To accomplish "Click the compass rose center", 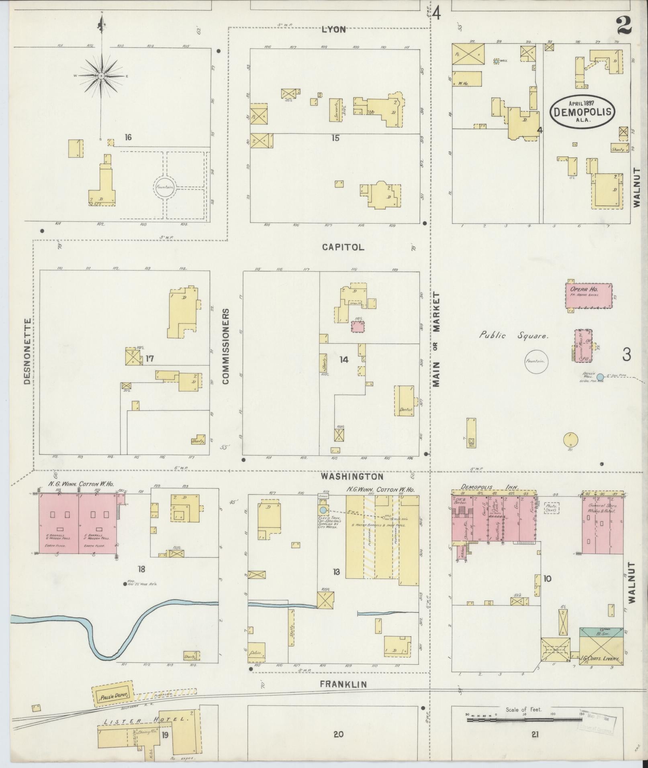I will pyautogui.click(x=101, y=75).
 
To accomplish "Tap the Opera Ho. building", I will pyautogui.click(x=589, y=295).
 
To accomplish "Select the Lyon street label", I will pyautogui.click(x=333, y=30).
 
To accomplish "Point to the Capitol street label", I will pyautogui.click(x=343, y=247).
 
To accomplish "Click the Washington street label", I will pyautogui.click(x=352, y=476).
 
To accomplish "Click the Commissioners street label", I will pyautogui.click(x=225, y=346).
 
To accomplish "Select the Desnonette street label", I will pyautogui.click(x=27, y=352).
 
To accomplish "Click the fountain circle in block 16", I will pyautogui.click(x=165, y=187).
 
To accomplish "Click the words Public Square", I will pyautogui.click(x=513, y=336).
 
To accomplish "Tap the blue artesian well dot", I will pyautogui.click(x=600, y=377).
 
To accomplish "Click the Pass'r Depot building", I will pyautogui.click(x=113, y=693).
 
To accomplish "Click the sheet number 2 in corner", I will pyautogui.click(x=623, y=26).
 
